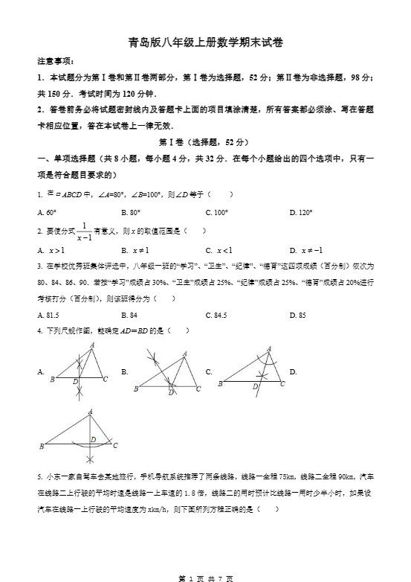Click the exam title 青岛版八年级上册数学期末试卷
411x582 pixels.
(205, 42)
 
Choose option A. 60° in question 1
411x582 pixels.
(47, 212)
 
